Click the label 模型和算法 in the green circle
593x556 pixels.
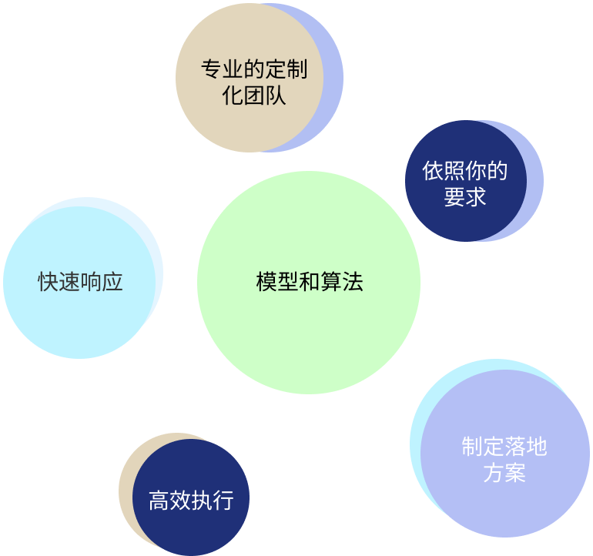tap(310, 282)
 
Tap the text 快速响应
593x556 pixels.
tap(80, 282)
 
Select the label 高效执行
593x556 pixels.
tap(191, 501)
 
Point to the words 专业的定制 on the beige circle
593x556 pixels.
tap(254, 69)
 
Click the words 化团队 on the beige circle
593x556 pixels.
tap(254, 95)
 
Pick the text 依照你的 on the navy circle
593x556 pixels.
tap(465, 171)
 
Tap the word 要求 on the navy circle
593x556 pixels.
tap(465, 196)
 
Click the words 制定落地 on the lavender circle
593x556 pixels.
tap(504, 447)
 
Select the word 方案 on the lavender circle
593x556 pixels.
tap(504, 473)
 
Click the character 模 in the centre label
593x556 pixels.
tap(266, 282)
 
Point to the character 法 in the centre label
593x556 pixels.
tap(353, 282)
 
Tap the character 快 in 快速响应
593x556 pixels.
tap(48, 282)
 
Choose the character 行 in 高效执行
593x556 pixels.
tap(223, 501)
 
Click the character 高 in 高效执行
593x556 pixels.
tap(159, 501)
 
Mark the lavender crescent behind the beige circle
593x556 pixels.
tap(333, 78)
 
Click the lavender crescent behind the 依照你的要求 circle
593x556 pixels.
tap(535, 181)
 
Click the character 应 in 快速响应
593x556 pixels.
tap(112, 282)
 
